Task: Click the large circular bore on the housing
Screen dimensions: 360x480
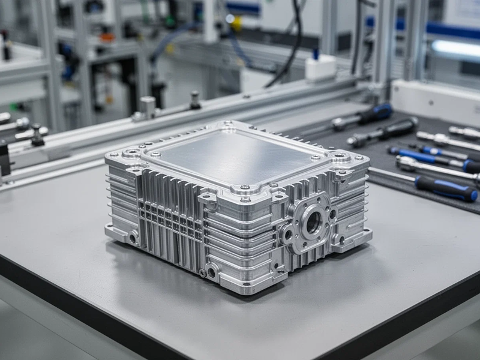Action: (313, 223)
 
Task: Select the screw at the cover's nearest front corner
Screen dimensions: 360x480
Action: (245, 199)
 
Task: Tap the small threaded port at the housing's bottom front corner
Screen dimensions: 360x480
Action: (211, 273)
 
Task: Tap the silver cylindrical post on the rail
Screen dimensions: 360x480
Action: (148, 106)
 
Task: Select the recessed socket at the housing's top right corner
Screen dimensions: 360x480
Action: (340, 157)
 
